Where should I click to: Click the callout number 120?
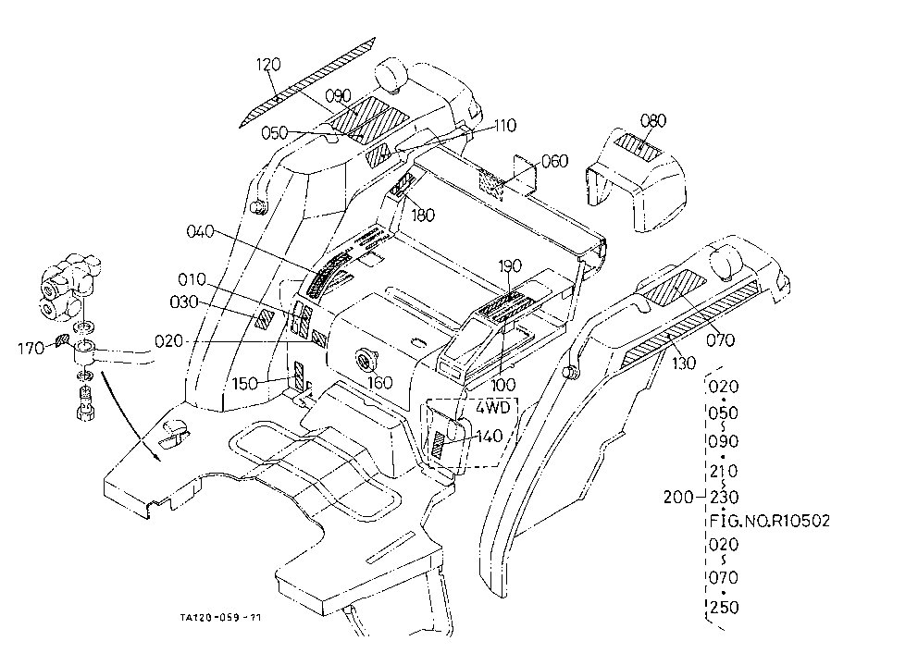coord(268,64)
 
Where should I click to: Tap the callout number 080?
coord(652,120)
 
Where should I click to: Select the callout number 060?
coord(555,161)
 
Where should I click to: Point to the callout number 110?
coord(504,125)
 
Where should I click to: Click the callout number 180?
coord(423,216)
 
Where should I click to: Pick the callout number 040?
coord(200,232)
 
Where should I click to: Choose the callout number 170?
coord(31,349)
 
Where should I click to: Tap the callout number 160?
coord(379,383)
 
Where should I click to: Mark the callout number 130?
coord(683,363)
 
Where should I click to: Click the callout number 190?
coord(509,265)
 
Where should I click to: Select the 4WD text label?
coord(493,407)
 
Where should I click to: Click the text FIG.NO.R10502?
coord(770,520)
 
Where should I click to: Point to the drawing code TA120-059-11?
coord(221,617)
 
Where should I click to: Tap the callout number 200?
coord(678,498)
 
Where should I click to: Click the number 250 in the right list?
coord(725,608)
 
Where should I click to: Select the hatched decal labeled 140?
coord(439,444)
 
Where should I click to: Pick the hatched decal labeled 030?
coord(265,319)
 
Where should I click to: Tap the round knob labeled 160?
coord(366,359)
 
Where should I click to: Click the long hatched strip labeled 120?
coord(307,82)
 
